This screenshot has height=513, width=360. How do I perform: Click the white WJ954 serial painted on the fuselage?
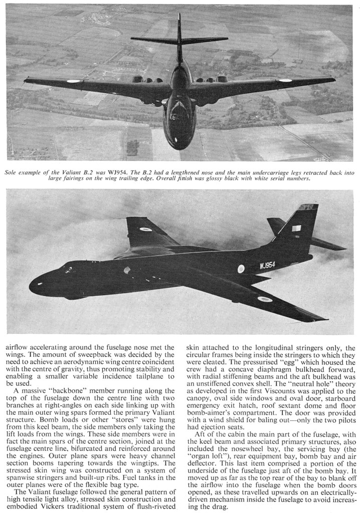267,266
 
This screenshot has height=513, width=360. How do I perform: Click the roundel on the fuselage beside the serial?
241,269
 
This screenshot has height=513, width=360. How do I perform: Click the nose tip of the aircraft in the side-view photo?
31,287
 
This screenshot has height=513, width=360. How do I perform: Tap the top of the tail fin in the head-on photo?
179,16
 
